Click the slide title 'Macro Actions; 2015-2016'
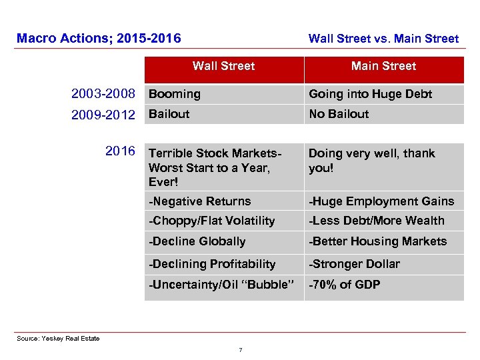[99, 39]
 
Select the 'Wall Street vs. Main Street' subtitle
[383, 39]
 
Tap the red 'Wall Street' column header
[224, 67]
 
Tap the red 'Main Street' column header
[383, 67]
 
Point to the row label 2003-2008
[103, 94]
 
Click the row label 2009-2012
[103, 115]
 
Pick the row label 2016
[120, 151]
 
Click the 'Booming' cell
[175, 95]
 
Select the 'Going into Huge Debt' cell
[370, 95]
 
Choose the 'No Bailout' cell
[339, 114]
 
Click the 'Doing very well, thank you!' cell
[371, 161]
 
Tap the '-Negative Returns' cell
[200, 201]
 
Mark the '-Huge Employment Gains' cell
[381, 201]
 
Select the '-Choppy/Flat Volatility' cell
[211, 221]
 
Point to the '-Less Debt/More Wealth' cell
[376, 221]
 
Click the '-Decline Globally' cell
[197, 242]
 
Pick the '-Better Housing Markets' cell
[377, 242]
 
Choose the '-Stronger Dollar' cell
[354, 264]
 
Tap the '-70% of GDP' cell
[344, 285]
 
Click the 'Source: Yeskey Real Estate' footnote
[58, 339]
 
